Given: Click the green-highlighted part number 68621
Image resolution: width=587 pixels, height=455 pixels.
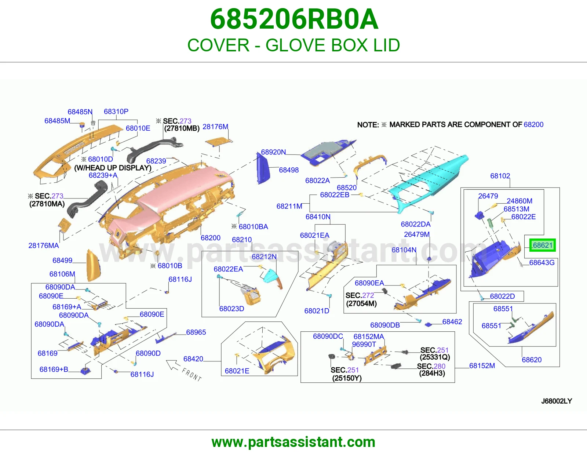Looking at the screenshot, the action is click(543, 245).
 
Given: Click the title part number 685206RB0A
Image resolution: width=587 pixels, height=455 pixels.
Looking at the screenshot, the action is click(294, 19).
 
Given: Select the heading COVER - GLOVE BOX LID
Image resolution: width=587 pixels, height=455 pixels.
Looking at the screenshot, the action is click(293, 45).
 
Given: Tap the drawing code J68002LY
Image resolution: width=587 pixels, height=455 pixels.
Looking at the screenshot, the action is click(557, 401).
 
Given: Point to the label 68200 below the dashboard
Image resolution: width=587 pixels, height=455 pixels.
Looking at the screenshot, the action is click(211, 238).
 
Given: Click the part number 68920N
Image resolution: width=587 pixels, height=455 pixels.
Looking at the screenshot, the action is click(273, 152).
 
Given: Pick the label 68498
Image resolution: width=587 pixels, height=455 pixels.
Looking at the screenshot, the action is click(289, 170).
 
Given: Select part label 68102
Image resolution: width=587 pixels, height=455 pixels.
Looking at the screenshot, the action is click(500, 176).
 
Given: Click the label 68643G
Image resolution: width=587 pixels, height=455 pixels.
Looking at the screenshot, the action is click(542, 262).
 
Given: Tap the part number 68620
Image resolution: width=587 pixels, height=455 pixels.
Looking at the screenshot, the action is click(532, 360).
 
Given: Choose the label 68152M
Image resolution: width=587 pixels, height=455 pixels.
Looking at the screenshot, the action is click(482, 365).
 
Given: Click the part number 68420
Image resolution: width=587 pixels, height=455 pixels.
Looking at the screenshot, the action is click(193, 359).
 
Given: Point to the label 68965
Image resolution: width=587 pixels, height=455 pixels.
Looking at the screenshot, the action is click(196, 332).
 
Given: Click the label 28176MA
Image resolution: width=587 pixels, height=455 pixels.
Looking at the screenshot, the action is click(44, 245).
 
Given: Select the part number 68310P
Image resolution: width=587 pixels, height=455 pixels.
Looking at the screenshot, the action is click(116, 111).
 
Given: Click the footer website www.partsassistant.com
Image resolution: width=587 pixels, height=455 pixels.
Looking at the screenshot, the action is click(293, 442).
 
